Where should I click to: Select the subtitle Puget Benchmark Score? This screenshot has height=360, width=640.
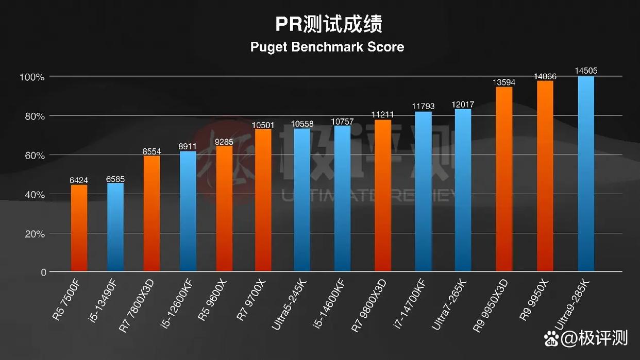327,47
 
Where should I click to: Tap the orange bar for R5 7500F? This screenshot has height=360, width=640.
79,228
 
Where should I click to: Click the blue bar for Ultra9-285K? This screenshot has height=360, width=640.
586,174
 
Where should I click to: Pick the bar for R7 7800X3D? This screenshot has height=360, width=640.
151,213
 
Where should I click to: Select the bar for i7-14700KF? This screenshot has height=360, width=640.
423,192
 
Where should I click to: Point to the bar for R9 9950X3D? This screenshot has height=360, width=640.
504,179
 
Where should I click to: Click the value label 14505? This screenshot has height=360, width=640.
586,71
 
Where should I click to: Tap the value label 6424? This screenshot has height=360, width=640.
79,180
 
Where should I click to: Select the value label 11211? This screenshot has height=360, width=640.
383,114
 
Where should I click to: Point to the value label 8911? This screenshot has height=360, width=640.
188,146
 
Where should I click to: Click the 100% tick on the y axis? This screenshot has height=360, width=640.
32,77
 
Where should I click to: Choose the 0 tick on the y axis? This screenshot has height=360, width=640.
43,272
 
